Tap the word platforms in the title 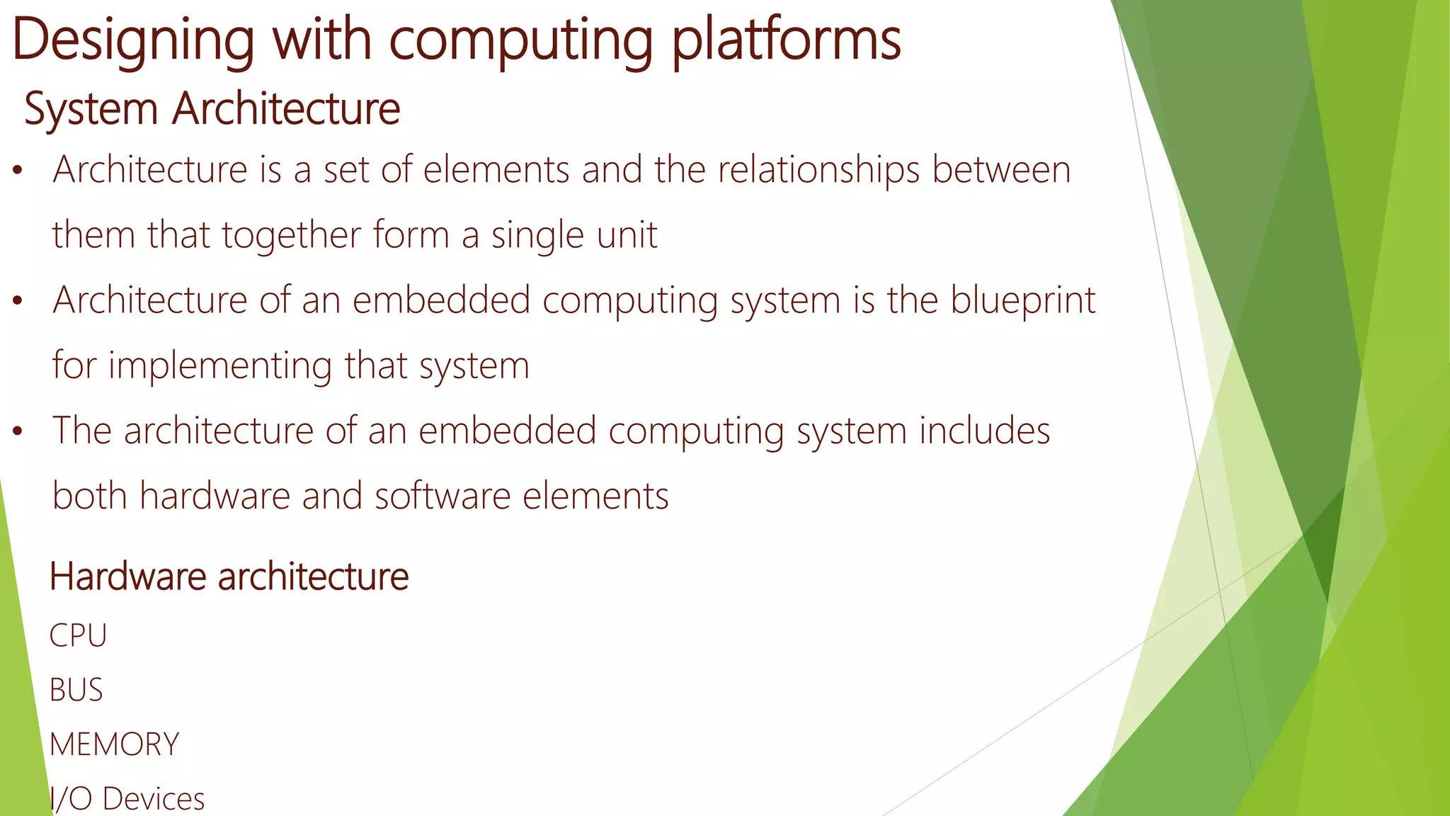786,40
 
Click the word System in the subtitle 91,109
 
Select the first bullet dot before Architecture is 18,171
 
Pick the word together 291,236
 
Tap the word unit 627,236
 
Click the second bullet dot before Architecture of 18,301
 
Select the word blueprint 1022,301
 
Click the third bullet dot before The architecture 18,431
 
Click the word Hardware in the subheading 127,577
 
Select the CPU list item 78,635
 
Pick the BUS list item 76,690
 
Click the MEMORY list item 114,744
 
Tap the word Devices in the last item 153,799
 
